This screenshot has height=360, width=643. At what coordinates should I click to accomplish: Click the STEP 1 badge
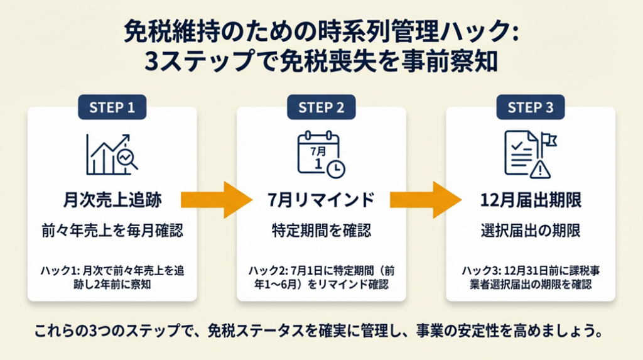(x=112, y=107)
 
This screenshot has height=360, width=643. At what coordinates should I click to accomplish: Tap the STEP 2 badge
(x=321, y=107)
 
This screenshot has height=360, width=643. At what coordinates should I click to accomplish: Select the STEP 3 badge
(x=530, y=107)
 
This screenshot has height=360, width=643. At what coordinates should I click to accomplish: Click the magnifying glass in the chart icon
(x=128, y=158)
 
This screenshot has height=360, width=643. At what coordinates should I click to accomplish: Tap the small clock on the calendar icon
(x=336, y=167)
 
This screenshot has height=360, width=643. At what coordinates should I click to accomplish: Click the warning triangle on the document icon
(x=538, y=168)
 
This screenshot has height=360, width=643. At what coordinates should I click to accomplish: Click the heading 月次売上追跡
(x=112, y=200)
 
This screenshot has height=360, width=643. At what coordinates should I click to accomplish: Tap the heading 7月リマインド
(x=321, y=200)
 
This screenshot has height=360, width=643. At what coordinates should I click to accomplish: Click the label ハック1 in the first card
(x=54, y=270)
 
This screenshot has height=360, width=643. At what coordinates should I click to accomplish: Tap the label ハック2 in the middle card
(x=263, y=270)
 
